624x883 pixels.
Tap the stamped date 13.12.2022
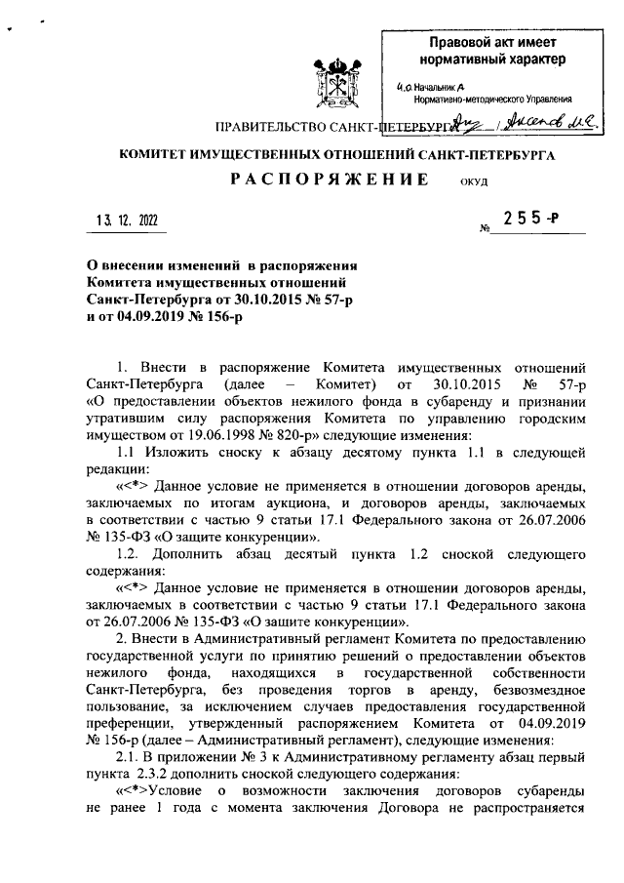point(126,221)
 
